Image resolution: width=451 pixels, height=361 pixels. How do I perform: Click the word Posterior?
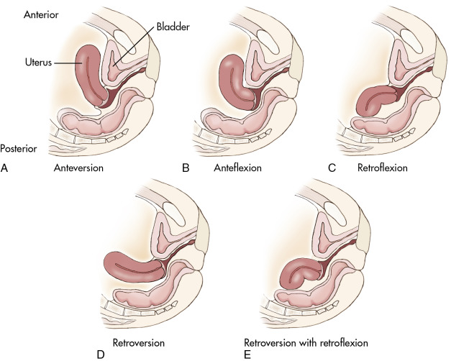(19, 149)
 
